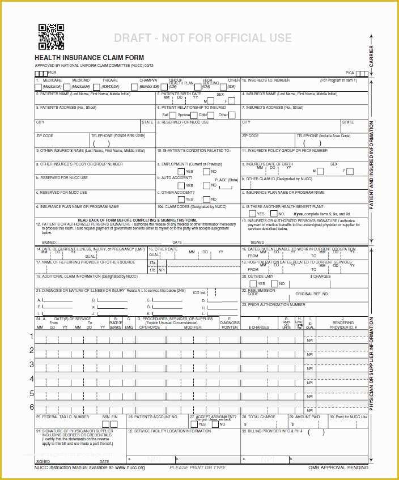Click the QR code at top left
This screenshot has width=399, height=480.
click(51, 37)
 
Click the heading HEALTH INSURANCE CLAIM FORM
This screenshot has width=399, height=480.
click(89, 58)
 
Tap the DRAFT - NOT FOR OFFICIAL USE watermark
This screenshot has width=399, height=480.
click(203, 39)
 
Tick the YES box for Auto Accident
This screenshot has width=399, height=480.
click(181, 185)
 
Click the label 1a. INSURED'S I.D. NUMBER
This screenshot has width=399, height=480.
click(266, 80)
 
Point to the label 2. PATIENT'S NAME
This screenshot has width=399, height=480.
click(83, 94)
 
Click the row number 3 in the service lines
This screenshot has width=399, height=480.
click(32, 364)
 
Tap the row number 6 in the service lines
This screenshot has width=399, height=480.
click(32, 407)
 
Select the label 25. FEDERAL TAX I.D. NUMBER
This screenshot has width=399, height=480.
click(62, 417)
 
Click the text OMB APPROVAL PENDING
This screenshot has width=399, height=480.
click(338, 468)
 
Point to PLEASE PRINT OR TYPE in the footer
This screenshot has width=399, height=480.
click(197, 468)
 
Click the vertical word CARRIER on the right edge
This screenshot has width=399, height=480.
click(372, 56)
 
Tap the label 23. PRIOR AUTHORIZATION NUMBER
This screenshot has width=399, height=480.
click(273, 304)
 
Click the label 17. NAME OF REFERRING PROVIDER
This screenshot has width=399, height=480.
click(86, 262)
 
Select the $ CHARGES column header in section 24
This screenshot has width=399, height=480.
click(259, 327)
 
